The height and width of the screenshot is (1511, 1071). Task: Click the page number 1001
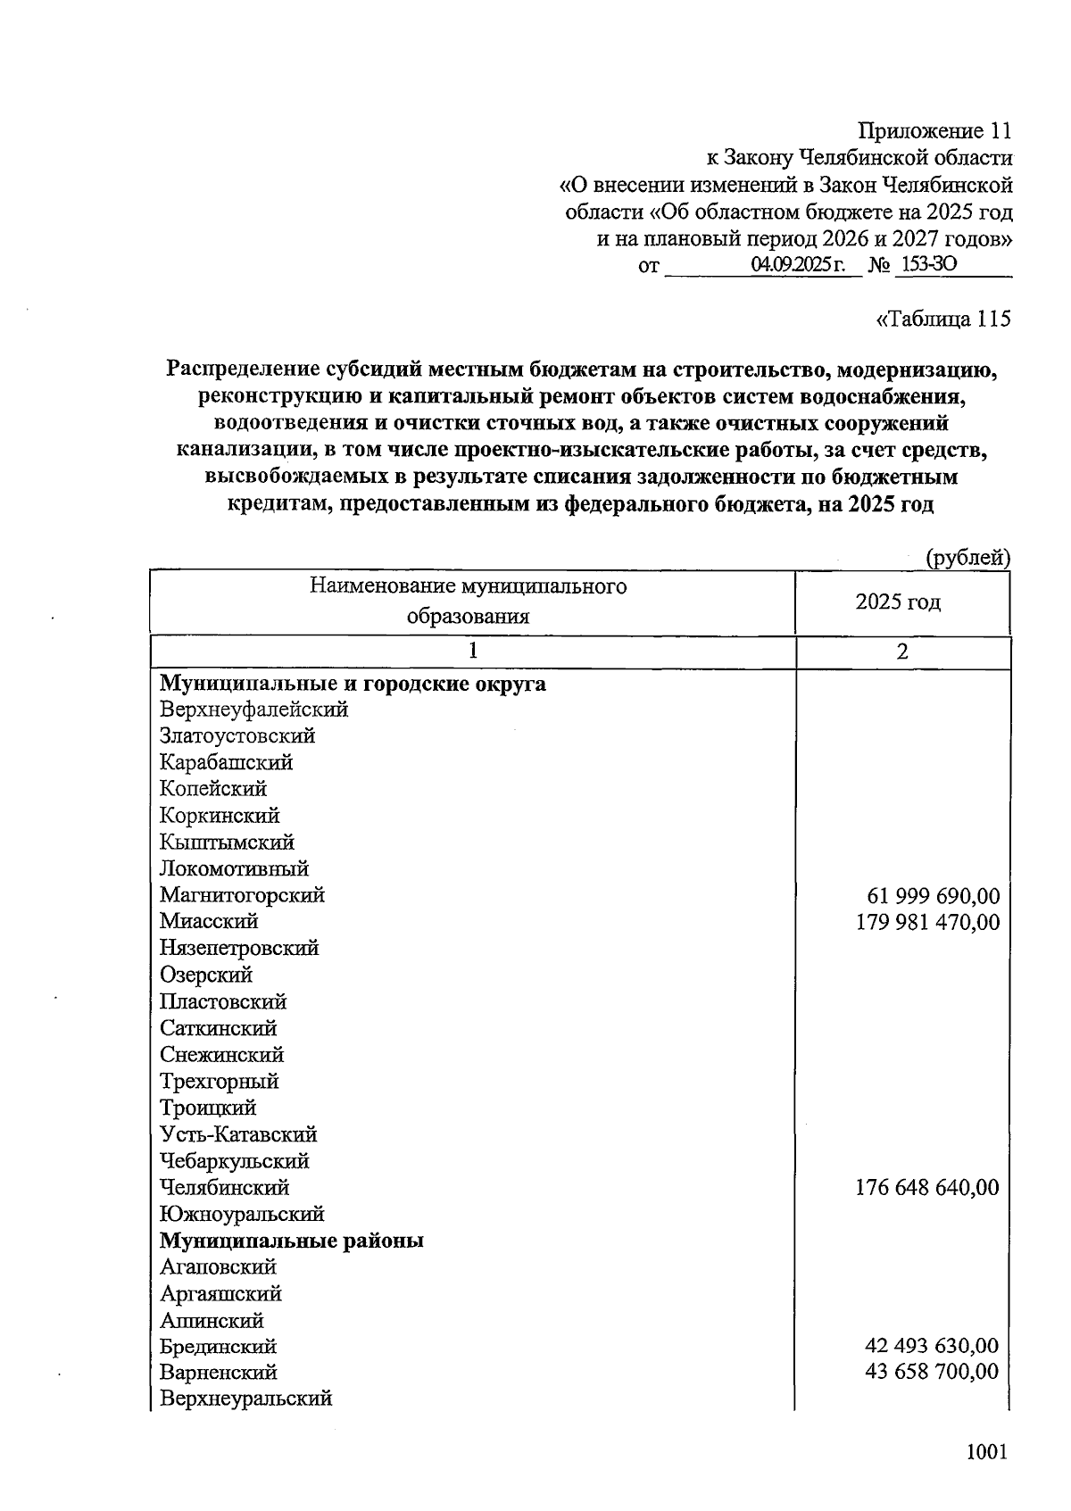(x=986, y=1451)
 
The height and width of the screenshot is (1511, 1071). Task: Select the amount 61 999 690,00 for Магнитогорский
(x=933, y=896)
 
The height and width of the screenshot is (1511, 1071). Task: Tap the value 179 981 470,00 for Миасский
(x=927, y=922)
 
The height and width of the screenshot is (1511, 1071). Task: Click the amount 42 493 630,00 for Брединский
(x=932, y=1346)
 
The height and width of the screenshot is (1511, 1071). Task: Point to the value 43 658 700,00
(x=932, y=1372)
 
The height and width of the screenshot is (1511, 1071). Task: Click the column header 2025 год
(x=898, y=602)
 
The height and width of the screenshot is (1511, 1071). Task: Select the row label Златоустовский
(x=237, y=736)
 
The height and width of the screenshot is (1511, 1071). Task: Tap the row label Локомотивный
(x=235, y=868)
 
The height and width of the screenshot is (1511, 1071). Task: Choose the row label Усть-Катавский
(x=239, y=1134)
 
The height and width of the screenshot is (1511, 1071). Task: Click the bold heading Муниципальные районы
(x=292, y=1241)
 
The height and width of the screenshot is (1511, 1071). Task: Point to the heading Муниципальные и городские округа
(x=353, y=685)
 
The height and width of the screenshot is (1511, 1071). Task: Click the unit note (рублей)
(x=967, y=559)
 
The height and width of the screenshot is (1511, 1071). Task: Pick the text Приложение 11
(x=934, y=131)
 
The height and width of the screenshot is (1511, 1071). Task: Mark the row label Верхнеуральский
(x=246, y=1399)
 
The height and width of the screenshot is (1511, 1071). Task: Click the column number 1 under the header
(x=473, y=652)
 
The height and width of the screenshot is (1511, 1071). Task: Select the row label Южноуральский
(x=242, y=1214)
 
